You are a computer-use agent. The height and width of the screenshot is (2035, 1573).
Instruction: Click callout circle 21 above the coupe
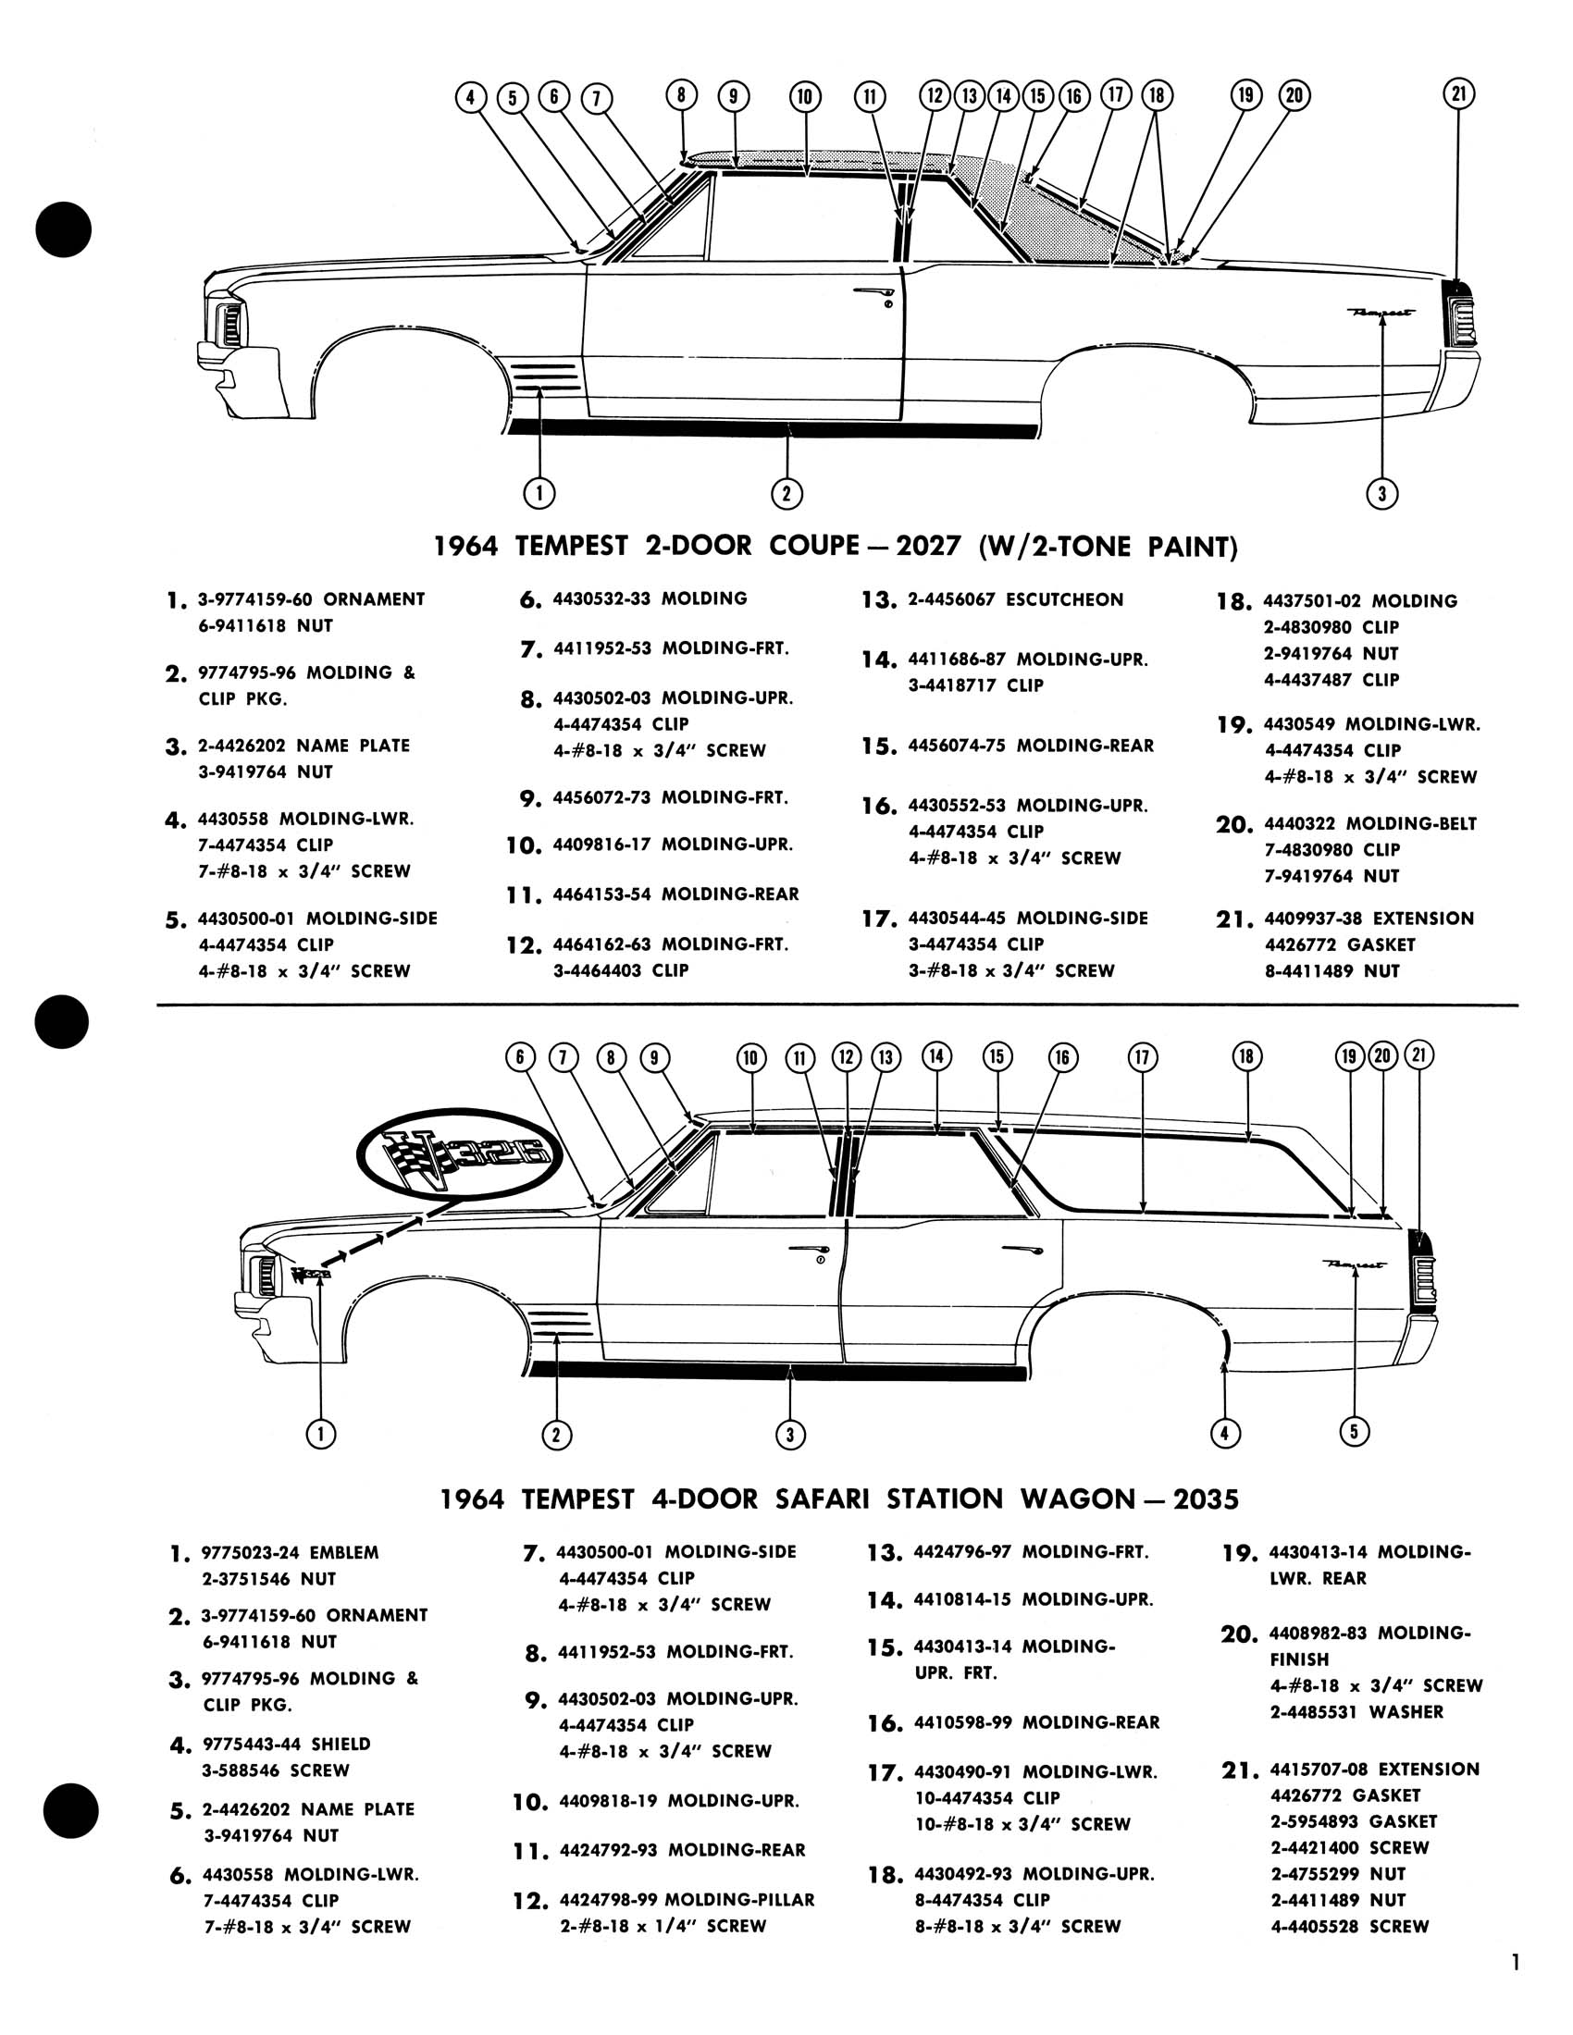(1458, 93)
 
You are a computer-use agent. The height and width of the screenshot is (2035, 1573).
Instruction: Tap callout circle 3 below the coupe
(1382, 493)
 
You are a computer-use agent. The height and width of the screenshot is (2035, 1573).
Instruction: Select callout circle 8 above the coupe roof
(681, 95)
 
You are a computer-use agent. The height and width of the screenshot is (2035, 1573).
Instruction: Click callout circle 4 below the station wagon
(1224, 1433)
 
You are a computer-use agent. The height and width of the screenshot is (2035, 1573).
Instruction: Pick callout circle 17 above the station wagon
(1143, 1056)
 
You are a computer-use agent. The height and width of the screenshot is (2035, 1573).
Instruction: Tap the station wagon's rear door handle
(1021, 1250)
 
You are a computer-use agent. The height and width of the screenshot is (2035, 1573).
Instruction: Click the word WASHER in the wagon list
(1406, 1711)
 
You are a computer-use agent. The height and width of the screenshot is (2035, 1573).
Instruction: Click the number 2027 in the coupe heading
(927, 546)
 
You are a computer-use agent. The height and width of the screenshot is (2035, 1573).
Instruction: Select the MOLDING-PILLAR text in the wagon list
(739, 1900)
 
